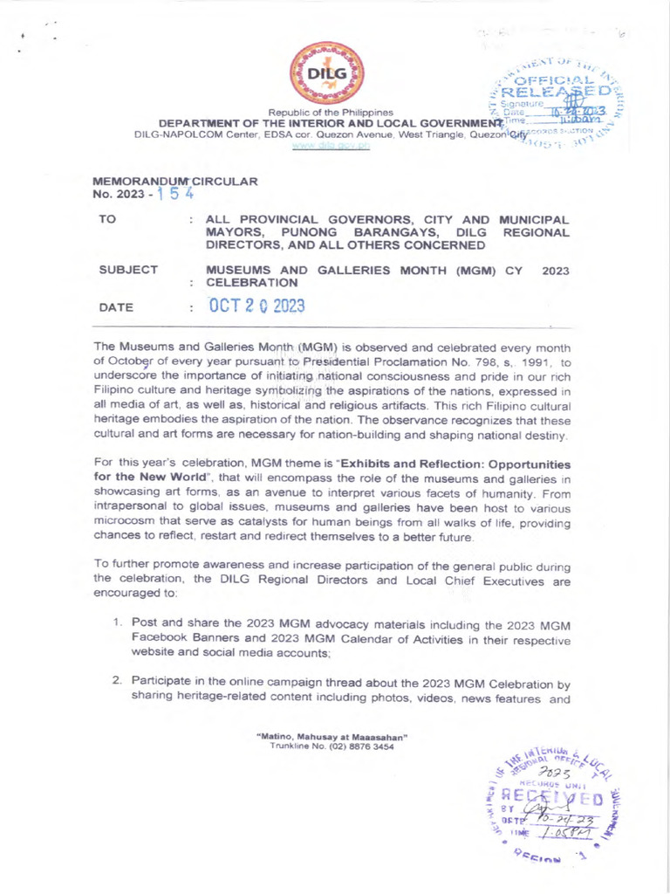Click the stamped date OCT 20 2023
256,307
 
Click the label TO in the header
107,221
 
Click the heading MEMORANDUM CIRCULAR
174,181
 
